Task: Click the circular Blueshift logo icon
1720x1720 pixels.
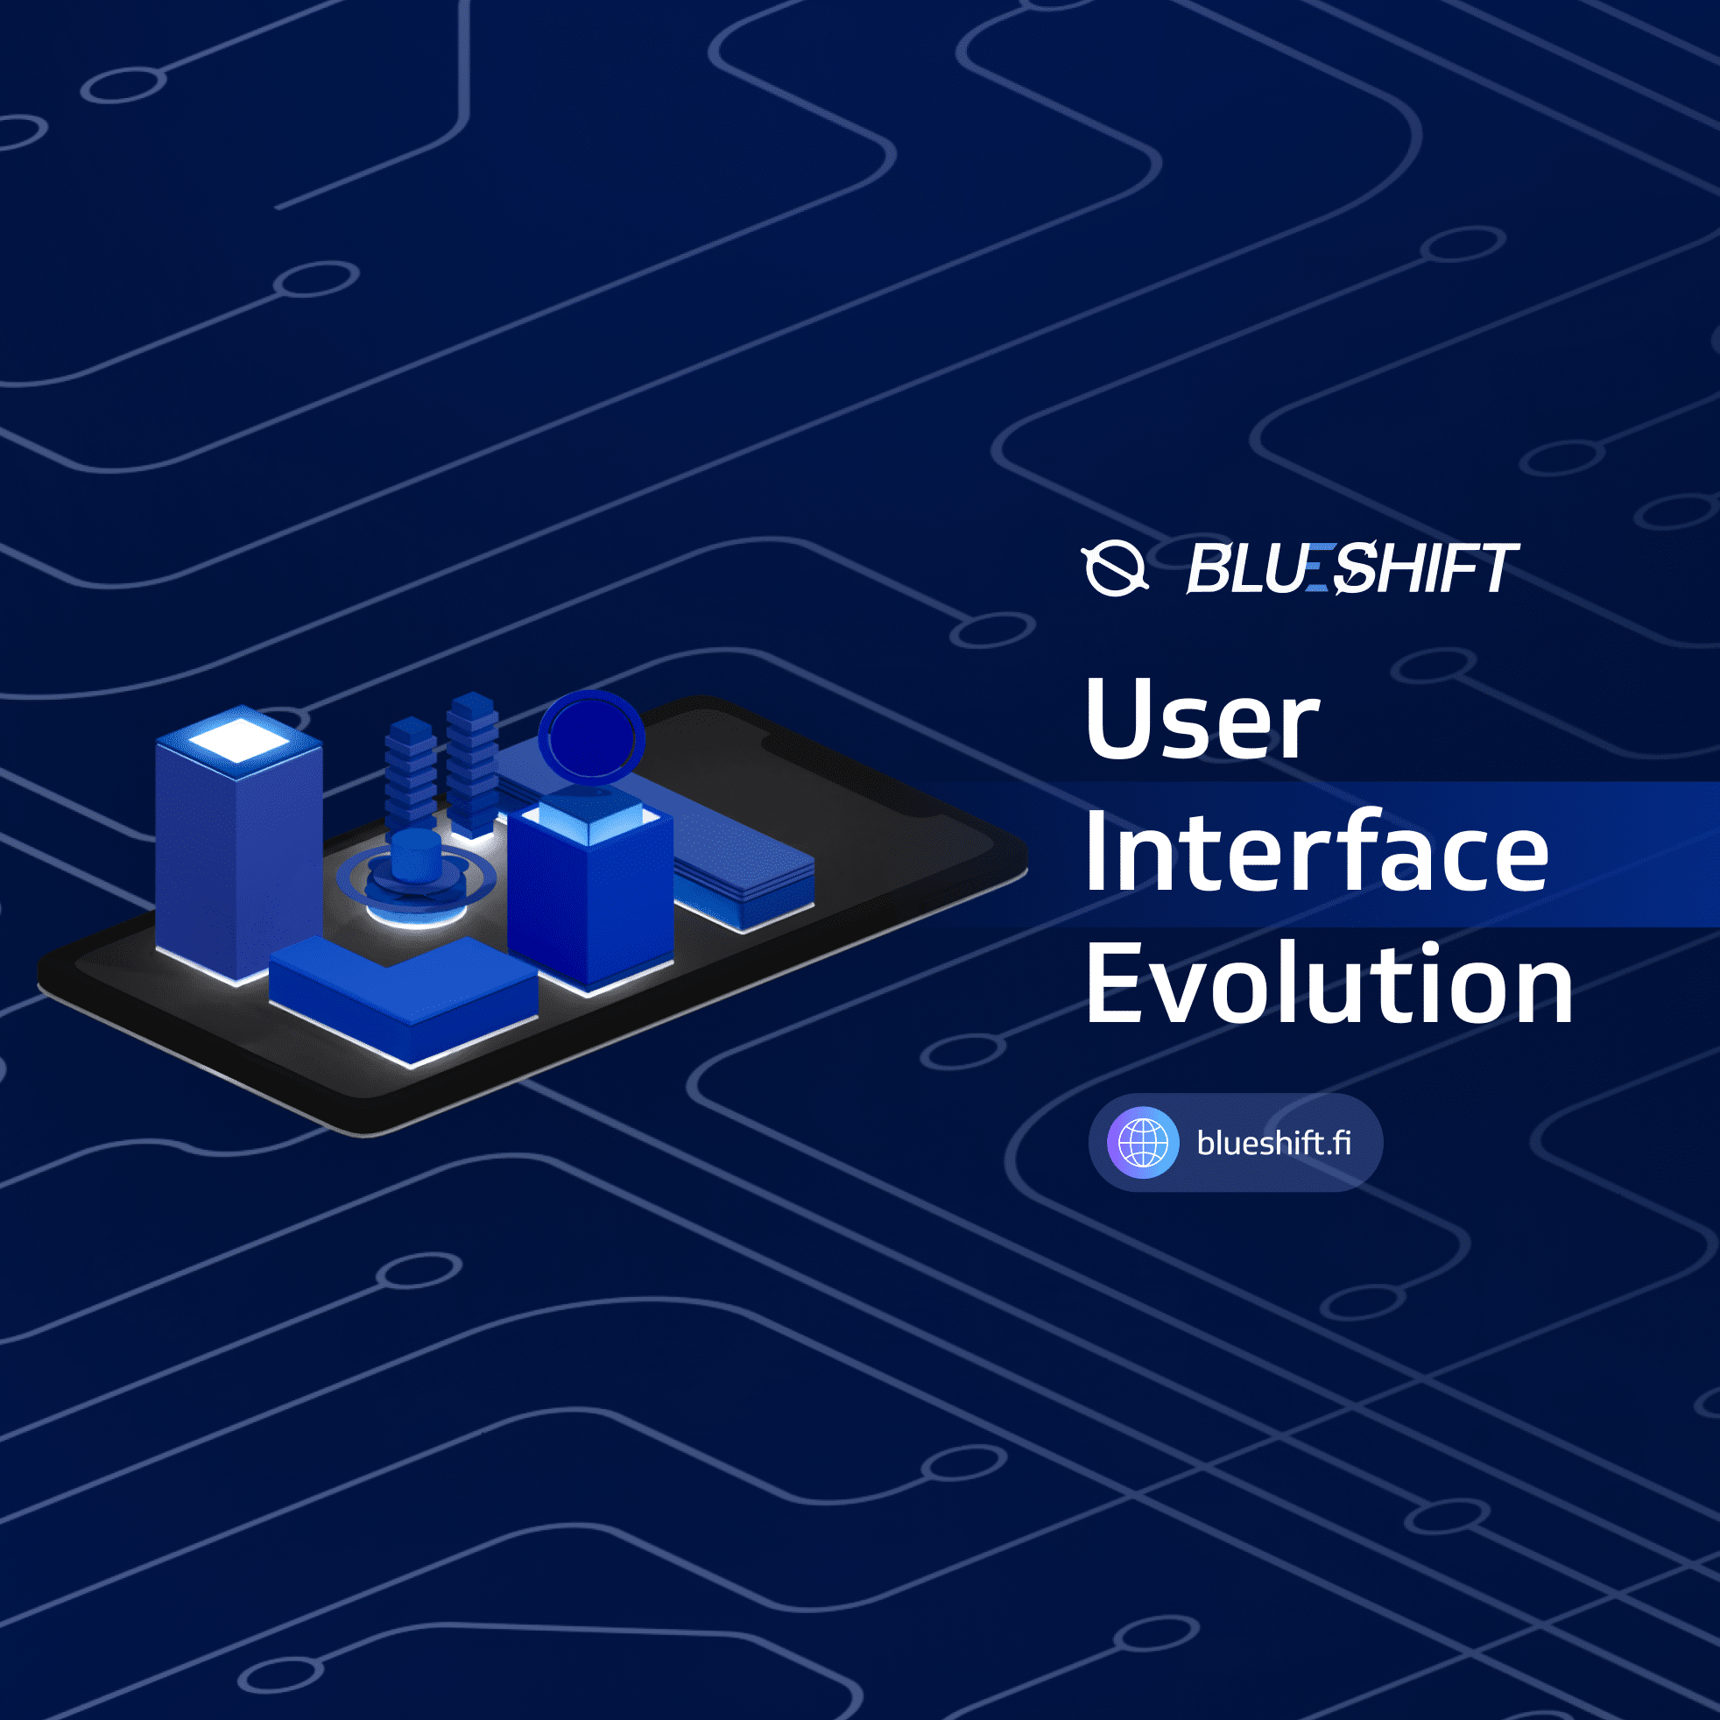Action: click(1115, 568)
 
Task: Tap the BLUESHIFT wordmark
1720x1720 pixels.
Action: click(1353, 568)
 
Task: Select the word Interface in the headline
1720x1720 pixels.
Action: click(1315, 853)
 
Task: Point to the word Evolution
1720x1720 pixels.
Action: click(1329, 984)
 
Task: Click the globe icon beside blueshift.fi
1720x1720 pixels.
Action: click(1143, 1142)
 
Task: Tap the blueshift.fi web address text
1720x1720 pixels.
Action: click(1274, 1143)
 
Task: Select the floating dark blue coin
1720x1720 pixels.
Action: click(592, 737)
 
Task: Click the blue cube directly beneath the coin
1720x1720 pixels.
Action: click(589, 891)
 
